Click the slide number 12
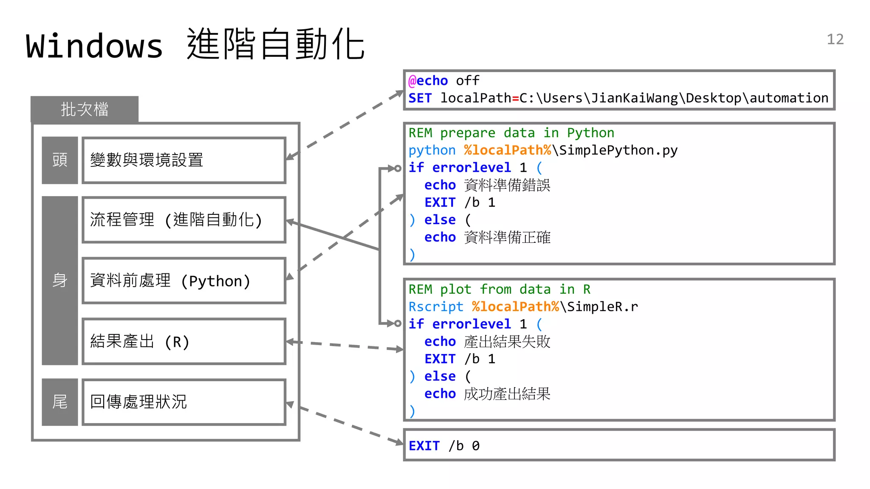[x=835, y=39]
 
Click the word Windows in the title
[x=94, y=46]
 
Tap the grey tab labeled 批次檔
[x=85, y=110]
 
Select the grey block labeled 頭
[x=60, y=160]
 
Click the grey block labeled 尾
[x=60, y=402]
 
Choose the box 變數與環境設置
[x=184, y=160]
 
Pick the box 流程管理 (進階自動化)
[x=184, y=220]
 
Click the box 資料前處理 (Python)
[x=184, y=281]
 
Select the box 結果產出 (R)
[x=184, y=341]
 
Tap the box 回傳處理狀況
[x=184, y=402]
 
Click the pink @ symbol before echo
[x=412, y=81]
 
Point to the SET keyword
[x=420, y=98]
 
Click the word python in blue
[x=432, y=150]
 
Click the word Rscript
[x=435, y=306]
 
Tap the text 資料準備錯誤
[x=507, y=185]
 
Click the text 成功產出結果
[x=507, y=394]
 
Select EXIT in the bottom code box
[x=424, y=446]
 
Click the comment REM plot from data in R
[x=499, y=289]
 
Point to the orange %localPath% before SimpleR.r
[x=515, y=306]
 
